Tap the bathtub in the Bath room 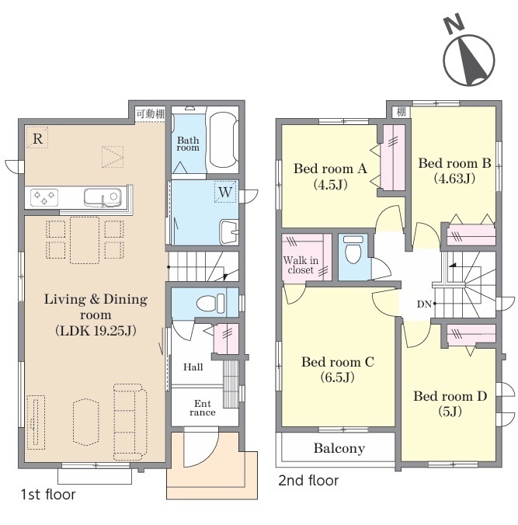pyautogui.click(x=223, y=140)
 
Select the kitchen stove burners pyautogui.click(x=44, y=197)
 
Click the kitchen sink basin pyautogui.click(x=103, y=197)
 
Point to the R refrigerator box pyautogui.click(x=37, y=137)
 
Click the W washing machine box pyautogui.click(x=225, y=192)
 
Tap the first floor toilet pyautogui.click(x=210, y=304)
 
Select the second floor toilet pyautogui.click(x=353, y=249)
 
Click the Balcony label pyautogui.click(x=339, y=448)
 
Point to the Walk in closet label pyautogui.click(x=301, y=265)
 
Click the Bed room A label pyautogui.click(x=330, y=169)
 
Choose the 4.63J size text pyautogui.click(x=454, y=179)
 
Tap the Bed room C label pyautogui.click(x=338, y=362)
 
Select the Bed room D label pyautogui.click(x=450, y=396)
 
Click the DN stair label pyautogui.click(x=424, y=304)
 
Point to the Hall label pyautogui.click(x=193, y=367)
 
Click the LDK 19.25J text pyautogui.click(x=96, y=331)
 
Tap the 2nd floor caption pyautogui.click(x=308, y=481)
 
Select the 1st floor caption pyautogui.click(x=48, y=494)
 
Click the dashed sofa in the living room pyautogui.click(x=130, y=422)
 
